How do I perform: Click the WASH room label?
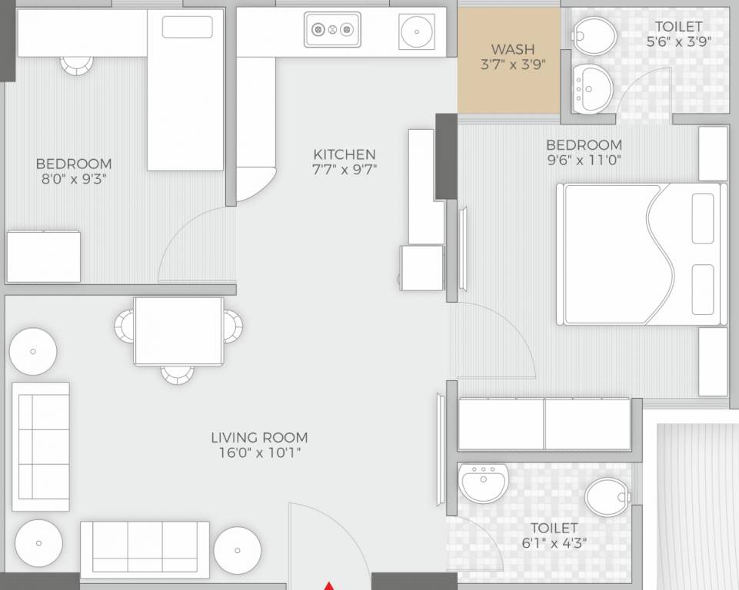(512, 50)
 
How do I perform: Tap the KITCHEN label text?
(344, 154)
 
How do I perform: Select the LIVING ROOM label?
(259, 438)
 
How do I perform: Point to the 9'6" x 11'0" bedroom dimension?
(584, 161)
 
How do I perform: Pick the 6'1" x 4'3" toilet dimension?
(554, 543)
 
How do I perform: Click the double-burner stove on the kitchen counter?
(332, 31)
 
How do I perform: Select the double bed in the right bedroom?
(641, 254)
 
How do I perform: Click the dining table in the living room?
(178, 331)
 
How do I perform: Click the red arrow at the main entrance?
(329, 585)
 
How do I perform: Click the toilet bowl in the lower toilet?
(608, 497)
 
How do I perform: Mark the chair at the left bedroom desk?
(75, 66)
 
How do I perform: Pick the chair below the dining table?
(178, 374)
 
